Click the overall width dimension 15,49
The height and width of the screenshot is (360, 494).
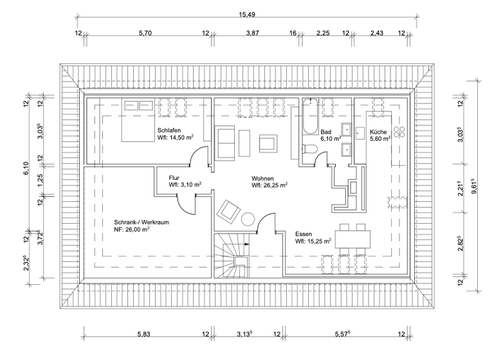247,14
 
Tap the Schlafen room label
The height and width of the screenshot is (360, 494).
168,129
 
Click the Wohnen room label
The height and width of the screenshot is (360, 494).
264,177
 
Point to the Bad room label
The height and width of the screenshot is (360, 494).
326,131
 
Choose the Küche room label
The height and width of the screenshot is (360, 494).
378,131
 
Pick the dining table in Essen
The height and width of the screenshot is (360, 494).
352,241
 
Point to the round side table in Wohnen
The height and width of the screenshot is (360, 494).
248,219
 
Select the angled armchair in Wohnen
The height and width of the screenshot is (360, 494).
229,210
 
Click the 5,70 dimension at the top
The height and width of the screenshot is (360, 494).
145,33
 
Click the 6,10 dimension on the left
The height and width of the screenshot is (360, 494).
26,168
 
